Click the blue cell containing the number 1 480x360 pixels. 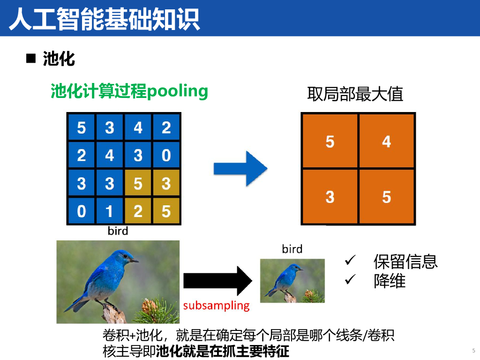[110, 211]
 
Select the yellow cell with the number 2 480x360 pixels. [138, 211]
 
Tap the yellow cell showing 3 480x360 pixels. [166, 183]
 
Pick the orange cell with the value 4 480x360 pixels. [387, 141]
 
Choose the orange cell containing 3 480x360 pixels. [330, 196]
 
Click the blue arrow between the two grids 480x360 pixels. [240, 169]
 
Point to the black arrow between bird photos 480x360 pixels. [217, 281]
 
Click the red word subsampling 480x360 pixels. [217, 306]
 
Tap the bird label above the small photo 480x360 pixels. [292, 249]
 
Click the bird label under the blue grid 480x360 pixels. [118, 231]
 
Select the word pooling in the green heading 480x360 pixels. [178, 91]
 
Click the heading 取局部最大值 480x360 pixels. [355, 94]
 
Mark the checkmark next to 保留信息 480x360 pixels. [350, 260]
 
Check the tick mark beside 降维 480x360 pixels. [350, 279]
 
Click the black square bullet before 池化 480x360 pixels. [31, 58]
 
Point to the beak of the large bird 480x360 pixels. [134, 261]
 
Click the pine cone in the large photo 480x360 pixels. [149, 306]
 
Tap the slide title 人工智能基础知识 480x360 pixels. [105, 19]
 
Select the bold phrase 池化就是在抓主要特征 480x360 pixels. [223, 351]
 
